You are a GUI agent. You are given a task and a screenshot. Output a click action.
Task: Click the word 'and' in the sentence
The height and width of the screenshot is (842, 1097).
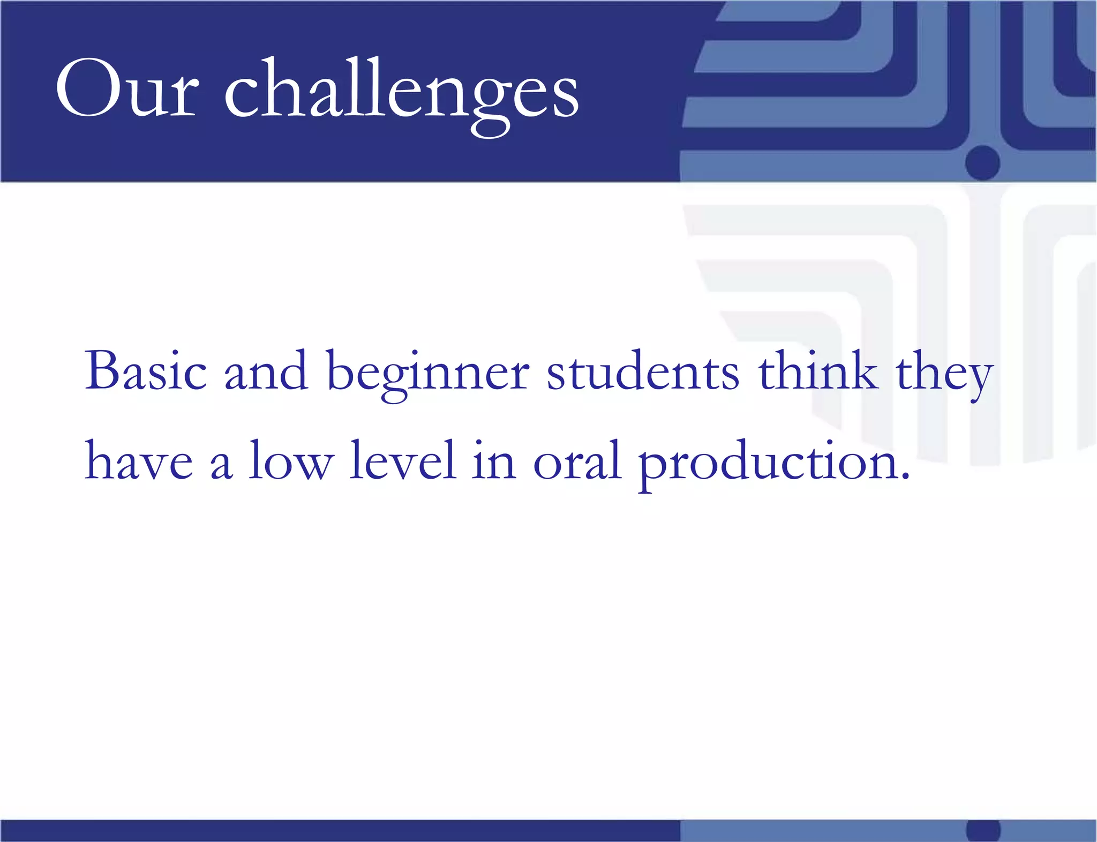click(x=266, y=371)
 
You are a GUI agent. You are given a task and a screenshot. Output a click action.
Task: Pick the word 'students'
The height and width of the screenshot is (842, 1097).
click(x=643, y=371)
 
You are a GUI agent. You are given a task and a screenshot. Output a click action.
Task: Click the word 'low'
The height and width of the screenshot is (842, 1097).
click(x=291, y=460)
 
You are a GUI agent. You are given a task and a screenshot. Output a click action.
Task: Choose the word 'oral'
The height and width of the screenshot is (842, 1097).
click(x=577, y=460)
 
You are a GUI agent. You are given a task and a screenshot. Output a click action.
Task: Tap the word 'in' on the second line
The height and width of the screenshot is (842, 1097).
click(x=494, y=460)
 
